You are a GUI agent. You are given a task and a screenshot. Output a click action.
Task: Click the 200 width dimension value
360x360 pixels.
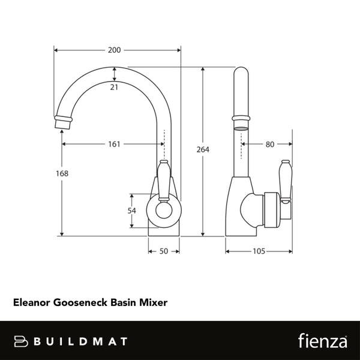click(113, 50)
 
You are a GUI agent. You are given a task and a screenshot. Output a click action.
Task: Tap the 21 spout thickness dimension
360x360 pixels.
click(113, 88)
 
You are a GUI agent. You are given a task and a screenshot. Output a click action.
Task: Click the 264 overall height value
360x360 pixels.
click(203, 149)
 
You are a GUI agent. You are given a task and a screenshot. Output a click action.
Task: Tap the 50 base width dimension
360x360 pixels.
click(163, 252)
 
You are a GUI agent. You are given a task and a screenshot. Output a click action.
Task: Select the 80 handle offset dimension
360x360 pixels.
click(269, 144)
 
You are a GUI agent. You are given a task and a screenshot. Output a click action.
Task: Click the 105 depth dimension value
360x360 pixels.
click(259, 252)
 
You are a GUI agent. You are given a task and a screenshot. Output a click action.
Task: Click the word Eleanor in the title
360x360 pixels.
click(32, 304)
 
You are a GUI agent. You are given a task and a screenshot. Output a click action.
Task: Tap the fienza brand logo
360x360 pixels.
click(323, 341)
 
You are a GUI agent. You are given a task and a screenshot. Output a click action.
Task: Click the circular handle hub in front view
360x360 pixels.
click(164, 211)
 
